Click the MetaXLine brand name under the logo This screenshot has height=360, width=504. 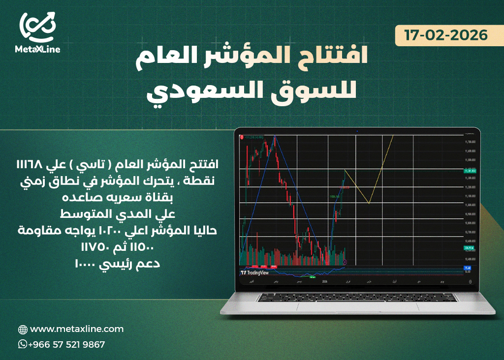click(x=37, y=49)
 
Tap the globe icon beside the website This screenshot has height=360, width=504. click(x=23, y=329)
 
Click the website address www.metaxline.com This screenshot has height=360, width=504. click(x=77, y=329)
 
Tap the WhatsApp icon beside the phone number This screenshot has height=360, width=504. click(x=23, y=344)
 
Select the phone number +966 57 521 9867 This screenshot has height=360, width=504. click(x=66, y=345)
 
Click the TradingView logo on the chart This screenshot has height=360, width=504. click(x=254, y=272)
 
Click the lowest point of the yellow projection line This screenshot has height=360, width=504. click(x=369, y=203)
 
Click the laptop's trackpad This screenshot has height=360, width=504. click(x=357, y=306)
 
